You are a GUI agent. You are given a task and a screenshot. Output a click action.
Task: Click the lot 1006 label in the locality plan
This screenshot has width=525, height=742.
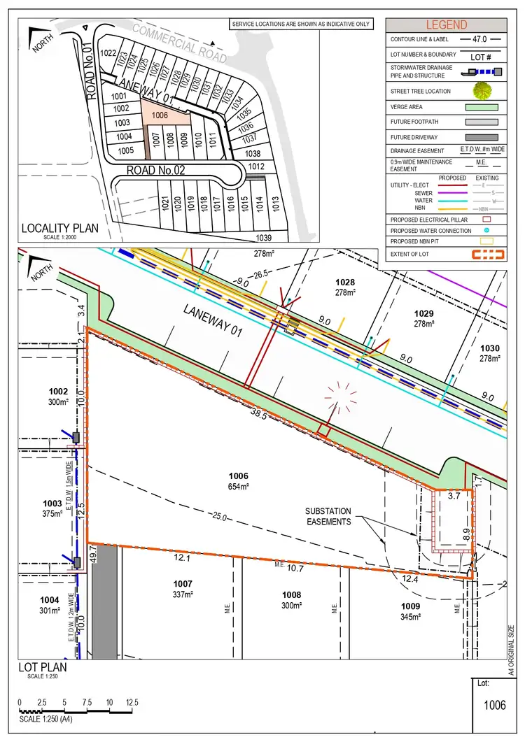coord(160,115)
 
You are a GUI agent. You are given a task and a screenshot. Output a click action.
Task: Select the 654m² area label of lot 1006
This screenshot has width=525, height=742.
coord(239,486)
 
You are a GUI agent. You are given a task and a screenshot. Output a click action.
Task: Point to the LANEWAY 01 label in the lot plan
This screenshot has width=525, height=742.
coord(212,322)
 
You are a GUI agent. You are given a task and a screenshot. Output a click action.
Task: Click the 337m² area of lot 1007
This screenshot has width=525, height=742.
coord(182,595)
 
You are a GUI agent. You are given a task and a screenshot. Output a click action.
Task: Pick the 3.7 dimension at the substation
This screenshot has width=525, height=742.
coord(453,496)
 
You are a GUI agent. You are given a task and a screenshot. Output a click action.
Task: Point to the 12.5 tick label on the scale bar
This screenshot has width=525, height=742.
coord(132,702)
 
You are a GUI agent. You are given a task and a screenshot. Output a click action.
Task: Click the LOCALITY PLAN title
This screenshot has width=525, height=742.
coord(60,227)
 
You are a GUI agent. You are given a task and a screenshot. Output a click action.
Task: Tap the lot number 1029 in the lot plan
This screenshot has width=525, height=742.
coord(423,313)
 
